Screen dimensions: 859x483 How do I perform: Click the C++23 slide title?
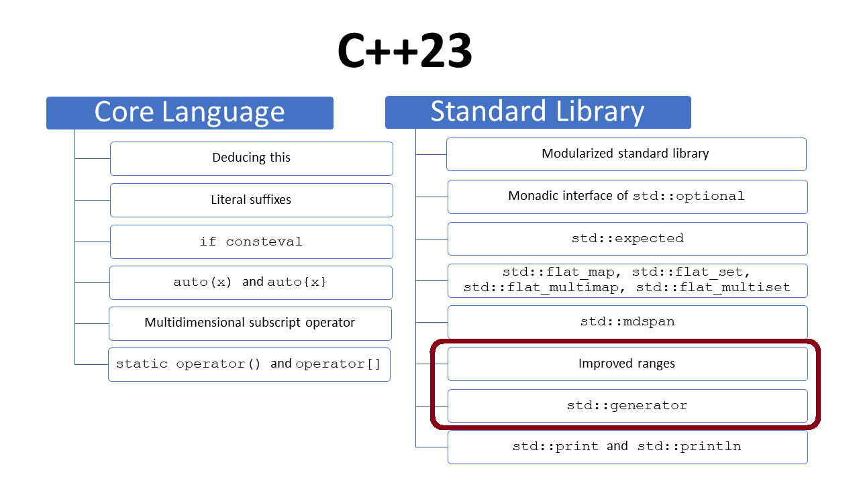(x=405, y=50)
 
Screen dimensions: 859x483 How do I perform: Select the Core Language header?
(x=190, y=113)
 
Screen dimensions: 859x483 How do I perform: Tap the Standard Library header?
(x=538, y=112)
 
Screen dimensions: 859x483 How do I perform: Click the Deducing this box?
(x=252, y=159)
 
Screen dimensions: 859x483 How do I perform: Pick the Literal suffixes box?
(x=252, y=200)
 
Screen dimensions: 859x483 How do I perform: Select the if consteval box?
(x=252, y=242)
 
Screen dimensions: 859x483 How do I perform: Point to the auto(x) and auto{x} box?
(x=251, y=283)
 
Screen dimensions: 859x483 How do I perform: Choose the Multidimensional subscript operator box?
(x=250, y=323)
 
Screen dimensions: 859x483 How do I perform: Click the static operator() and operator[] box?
(x=249, y=364)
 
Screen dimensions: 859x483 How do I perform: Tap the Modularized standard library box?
(x=626, y=154)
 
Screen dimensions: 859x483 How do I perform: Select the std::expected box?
(x=627, y=239)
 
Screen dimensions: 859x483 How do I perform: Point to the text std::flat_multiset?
(x=713, y=287)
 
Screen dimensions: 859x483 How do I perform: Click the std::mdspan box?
(x=627, y=322)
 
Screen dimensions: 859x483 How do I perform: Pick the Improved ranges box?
(x=627, y=364)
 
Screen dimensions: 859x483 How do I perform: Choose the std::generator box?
(x=627, y=406)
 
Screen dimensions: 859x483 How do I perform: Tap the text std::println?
(x=689, y=447)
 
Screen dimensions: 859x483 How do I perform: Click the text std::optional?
(x=689, y=197)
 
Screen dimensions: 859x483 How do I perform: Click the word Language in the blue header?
(x=223, y=113)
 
